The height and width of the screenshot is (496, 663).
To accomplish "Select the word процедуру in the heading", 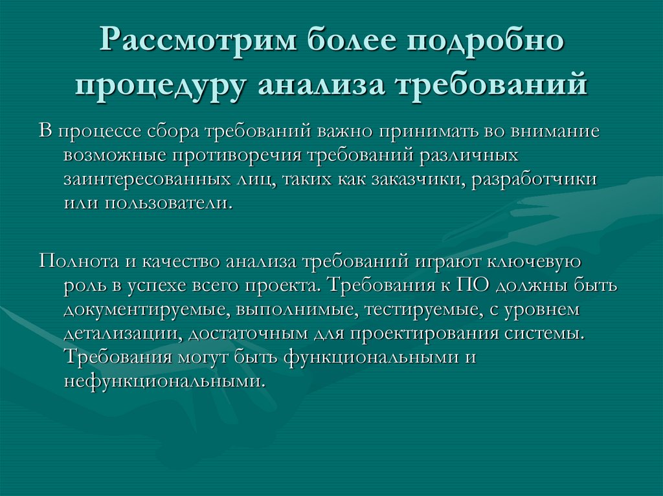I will tap(161, 86).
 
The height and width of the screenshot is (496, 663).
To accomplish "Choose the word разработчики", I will tap(534, 179).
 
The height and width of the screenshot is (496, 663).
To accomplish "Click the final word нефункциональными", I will tap(164, 381).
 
